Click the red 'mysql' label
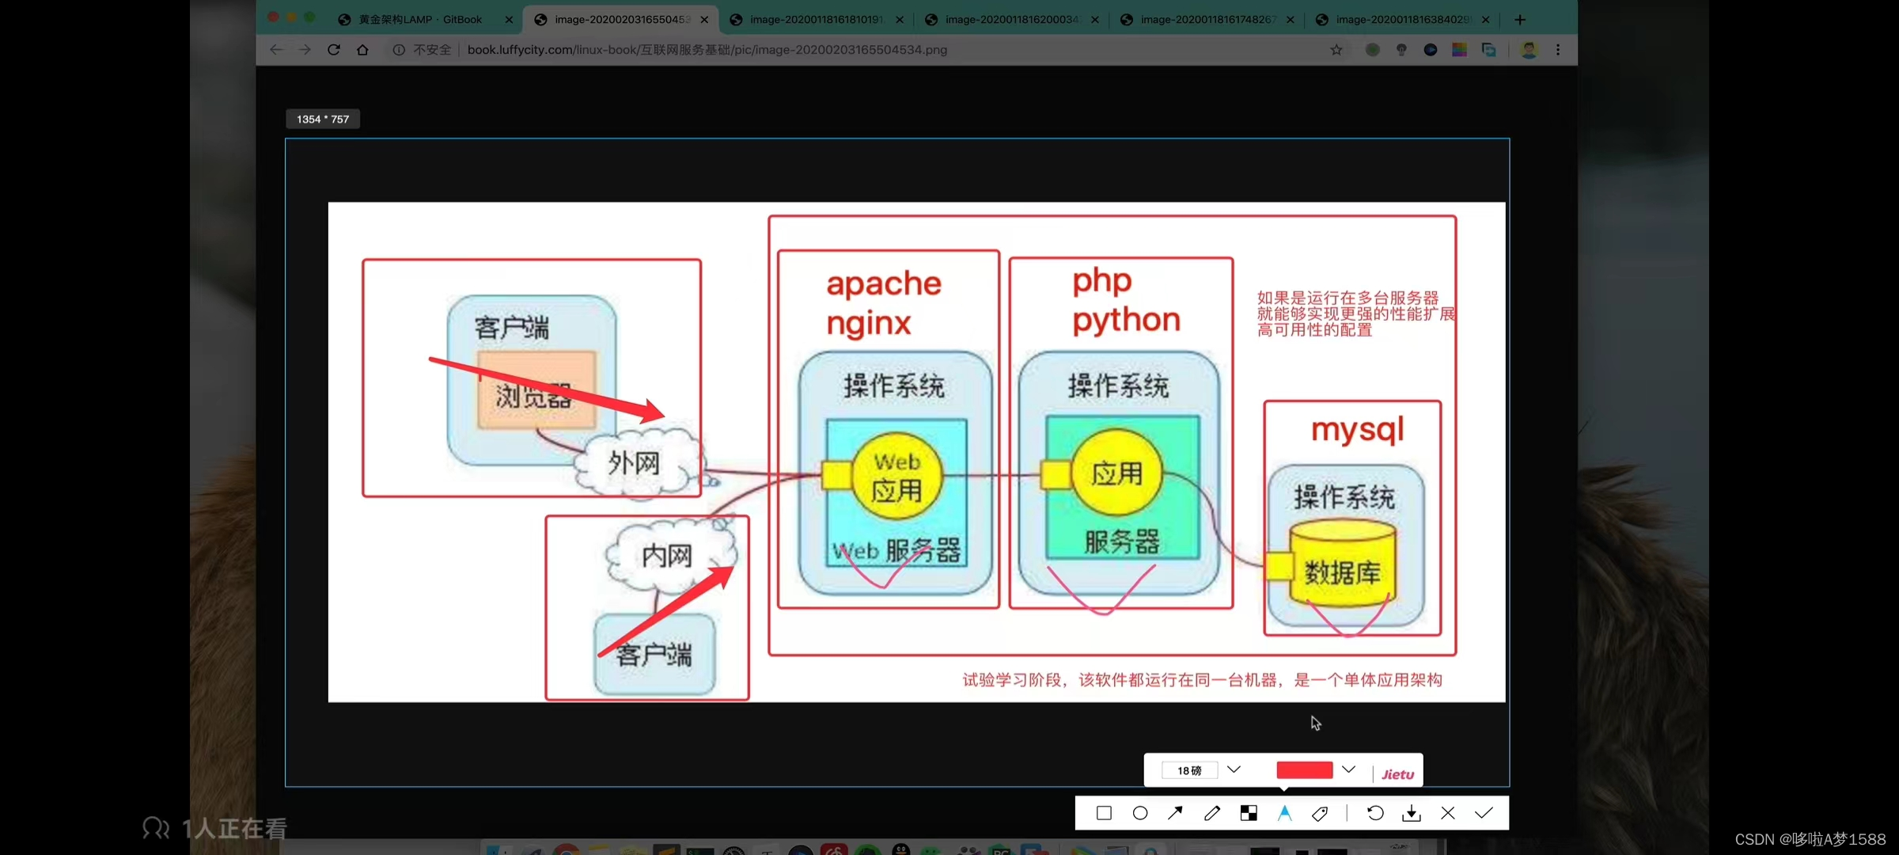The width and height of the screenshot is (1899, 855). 1357,430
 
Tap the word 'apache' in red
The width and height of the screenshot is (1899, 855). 884,283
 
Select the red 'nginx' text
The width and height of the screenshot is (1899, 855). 869,323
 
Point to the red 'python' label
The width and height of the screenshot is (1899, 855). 1126,321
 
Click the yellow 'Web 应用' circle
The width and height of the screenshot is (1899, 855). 896,476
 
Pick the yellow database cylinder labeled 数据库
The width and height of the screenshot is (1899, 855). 1342,564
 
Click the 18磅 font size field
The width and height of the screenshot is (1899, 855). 1189,770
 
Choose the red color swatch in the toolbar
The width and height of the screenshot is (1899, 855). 1304,770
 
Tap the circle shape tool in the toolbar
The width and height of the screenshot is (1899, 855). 1139,813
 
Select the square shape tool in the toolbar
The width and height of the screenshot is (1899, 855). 1104,813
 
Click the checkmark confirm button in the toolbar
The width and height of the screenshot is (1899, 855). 1484,813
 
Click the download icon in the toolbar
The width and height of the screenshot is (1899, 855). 1411,813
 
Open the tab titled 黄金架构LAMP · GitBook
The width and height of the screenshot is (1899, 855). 420,20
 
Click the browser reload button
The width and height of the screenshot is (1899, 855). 334,50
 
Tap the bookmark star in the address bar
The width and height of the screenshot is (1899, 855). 1336,50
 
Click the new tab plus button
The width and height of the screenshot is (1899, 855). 1519,20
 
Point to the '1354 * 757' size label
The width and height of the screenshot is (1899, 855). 323,119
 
